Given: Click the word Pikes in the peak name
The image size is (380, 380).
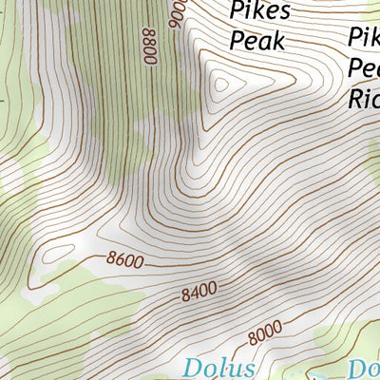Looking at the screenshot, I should [259, 11].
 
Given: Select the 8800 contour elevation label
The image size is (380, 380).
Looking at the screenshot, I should [150, 44].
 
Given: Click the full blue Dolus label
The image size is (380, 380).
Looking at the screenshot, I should [219, 368].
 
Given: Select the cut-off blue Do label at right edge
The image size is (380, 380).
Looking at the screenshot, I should [365, 368].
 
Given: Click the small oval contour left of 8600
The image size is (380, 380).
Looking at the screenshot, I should [59, 254].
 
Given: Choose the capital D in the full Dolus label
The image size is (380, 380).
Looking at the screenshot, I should [193, 368].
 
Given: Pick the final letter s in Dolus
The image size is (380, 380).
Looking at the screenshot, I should [249, 369].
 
